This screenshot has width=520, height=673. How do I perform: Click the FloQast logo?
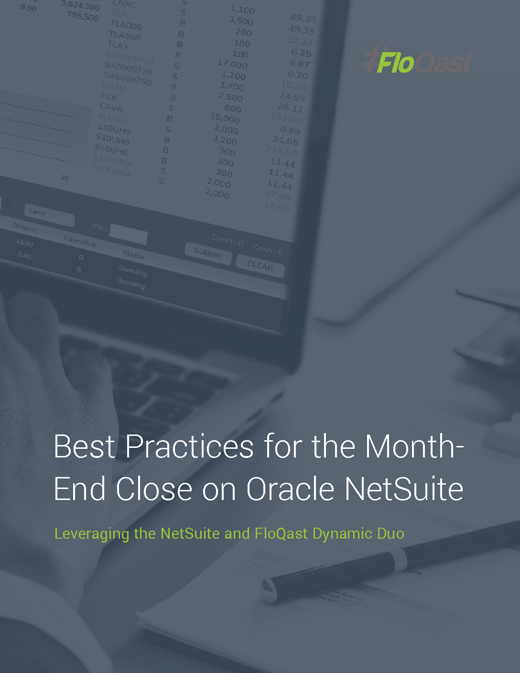(418, 62)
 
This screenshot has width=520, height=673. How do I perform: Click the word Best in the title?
(85, 446)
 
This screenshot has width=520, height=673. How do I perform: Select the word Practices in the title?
(190, 446)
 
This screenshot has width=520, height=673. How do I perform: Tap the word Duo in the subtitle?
(390, 533)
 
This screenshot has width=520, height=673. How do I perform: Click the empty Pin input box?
(128, 234)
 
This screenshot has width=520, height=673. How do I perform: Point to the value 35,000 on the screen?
(225, 118)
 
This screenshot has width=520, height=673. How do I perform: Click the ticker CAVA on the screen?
(111, 108)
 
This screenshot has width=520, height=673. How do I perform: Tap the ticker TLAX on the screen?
(118, 45)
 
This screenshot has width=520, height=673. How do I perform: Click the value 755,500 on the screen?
(83, 16)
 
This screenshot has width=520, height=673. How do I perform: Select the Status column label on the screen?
(133, 254)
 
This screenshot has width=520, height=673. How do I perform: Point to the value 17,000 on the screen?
(232, 64)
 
